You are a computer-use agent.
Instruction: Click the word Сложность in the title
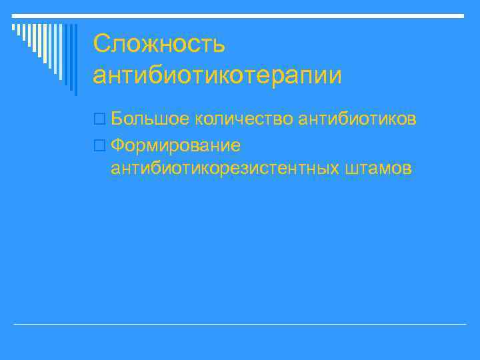point(159,45)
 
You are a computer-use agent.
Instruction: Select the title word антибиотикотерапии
point(217,75)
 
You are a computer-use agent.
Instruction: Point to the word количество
point(245,119)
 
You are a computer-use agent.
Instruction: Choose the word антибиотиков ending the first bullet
point(358,119)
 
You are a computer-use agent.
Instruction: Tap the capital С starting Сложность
point(102,45)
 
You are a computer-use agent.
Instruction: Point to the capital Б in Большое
point(117,119)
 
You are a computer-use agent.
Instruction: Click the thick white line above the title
point(240,15)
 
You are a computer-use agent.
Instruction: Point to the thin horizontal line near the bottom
point(240,324)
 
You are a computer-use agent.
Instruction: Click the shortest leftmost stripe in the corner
point(14,27)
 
